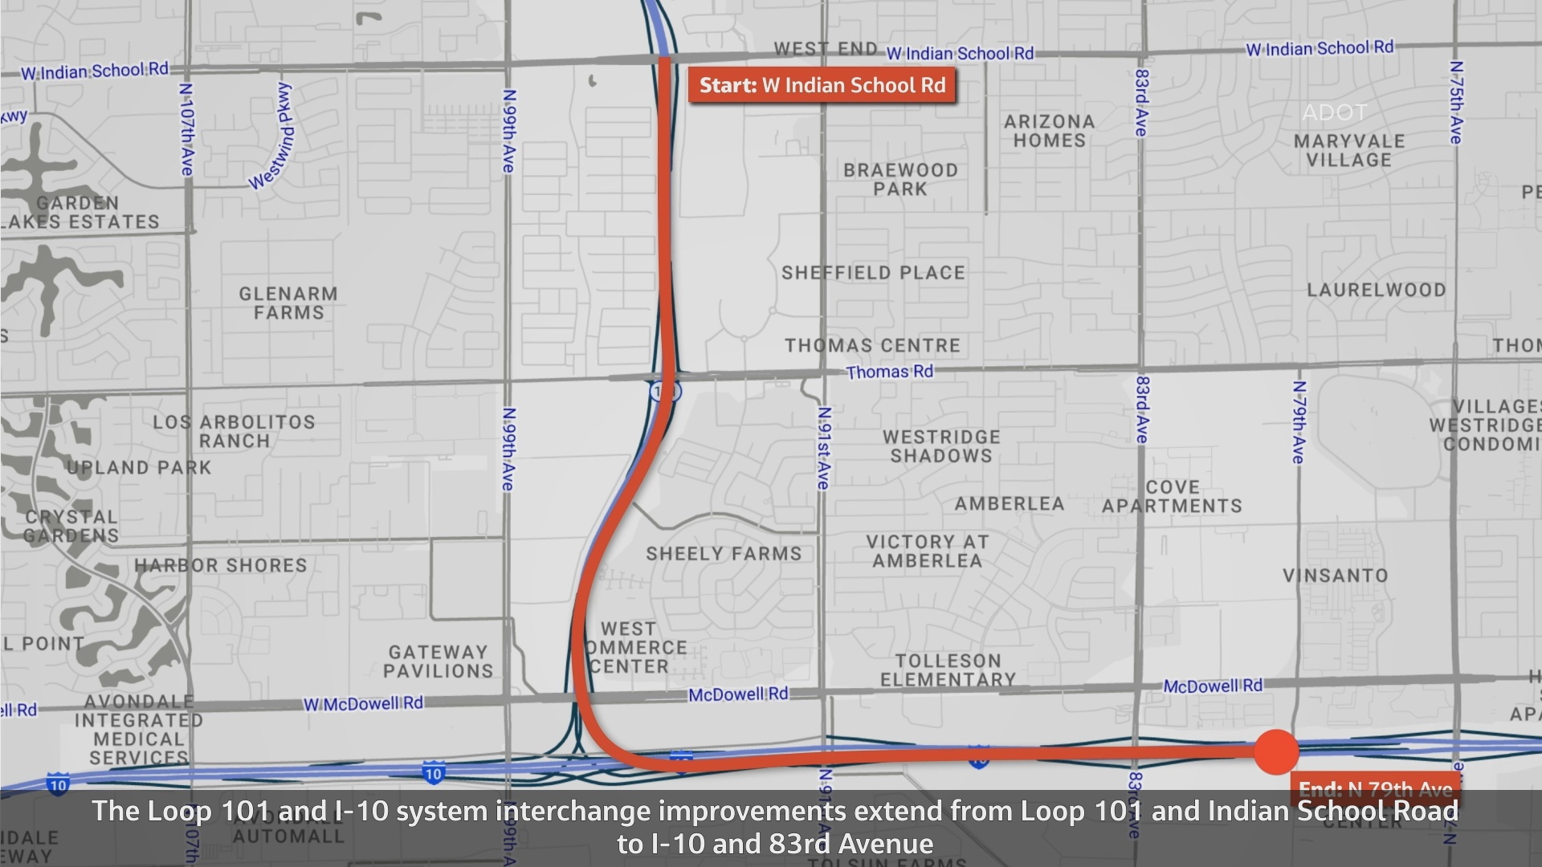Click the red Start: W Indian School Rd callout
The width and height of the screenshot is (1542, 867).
point(822,85)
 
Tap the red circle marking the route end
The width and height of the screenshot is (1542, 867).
point(1275,752)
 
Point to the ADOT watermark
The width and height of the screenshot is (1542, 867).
point(1334,112)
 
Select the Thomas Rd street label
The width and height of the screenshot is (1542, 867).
point(889,372)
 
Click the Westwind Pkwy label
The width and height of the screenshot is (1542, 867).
point(272,136)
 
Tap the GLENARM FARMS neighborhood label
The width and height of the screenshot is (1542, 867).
point(288,303)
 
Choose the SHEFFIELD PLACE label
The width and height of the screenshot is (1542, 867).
point(873,273)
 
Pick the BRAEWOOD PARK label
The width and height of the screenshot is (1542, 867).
point(900,180)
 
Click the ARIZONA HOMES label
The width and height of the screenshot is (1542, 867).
point(1049,131)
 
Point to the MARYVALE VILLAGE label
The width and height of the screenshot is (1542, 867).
point(1348,150)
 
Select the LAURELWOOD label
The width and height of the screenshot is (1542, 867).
point(1376,290)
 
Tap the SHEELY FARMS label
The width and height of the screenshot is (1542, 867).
point(724,554)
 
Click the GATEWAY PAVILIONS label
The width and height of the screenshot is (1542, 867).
point(438,661)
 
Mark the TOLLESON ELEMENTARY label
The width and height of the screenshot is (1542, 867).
point(948,670)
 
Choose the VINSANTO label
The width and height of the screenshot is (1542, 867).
point(1335,576)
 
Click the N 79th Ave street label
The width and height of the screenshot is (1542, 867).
point(1299,422)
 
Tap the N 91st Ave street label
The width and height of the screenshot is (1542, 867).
point(824,448)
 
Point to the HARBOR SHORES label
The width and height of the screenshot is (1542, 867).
point(221,565)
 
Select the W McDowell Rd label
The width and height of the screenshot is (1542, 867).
point(363,704)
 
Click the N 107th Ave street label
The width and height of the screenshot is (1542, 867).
point(186,128)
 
